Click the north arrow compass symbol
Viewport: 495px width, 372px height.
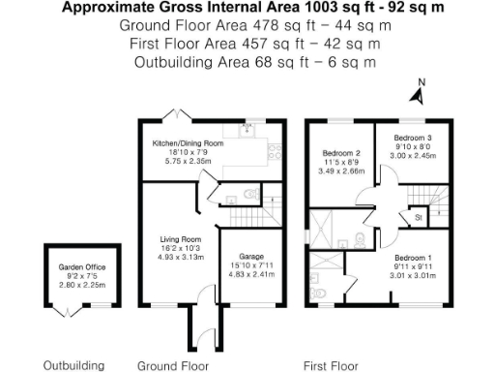click(418, 94)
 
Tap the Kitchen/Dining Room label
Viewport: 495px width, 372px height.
click(188, 143)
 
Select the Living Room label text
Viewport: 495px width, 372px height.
click(180, 238)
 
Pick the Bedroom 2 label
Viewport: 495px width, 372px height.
click(341, 153)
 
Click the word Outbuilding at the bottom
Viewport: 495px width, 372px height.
click(73, 365)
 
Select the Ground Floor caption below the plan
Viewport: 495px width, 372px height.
click(173, 365)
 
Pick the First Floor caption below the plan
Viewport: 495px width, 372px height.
click(331, 365)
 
